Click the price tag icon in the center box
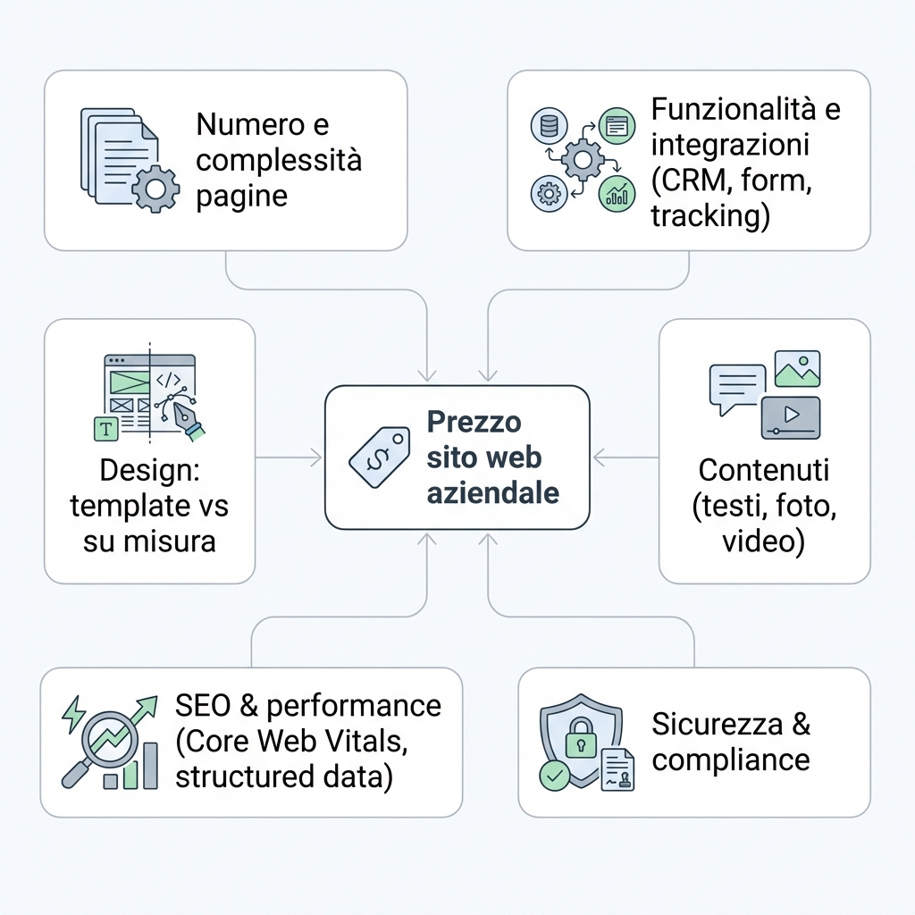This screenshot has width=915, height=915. click(x=378, y=457)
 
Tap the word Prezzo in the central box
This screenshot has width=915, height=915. click(x=474, y=422)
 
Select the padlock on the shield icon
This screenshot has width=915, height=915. click(x=581, y=737)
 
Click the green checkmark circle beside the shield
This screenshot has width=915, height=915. click(x=554, y=776)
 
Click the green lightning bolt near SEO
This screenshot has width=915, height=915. click(x=73, y=714)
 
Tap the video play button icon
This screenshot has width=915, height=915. click(x=791, y=417)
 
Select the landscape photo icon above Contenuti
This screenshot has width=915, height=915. click(x=797, y=369)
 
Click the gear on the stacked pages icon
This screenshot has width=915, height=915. click(x=155, y=189)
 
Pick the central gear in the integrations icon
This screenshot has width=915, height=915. click(x=583, y=159)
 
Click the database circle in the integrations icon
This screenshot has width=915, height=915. click(x=550, y=126)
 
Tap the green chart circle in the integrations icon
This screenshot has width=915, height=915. click(x=617, y=194)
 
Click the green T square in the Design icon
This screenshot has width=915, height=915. click(x=106, y=429)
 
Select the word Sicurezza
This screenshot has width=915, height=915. click(x=718, y=724)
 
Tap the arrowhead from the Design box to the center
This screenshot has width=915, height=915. click(x=315, y=457)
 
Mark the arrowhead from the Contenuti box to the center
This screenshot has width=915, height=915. click(x=600, y=457)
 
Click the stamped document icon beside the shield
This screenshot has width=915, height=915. click(x=617, y=769)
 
